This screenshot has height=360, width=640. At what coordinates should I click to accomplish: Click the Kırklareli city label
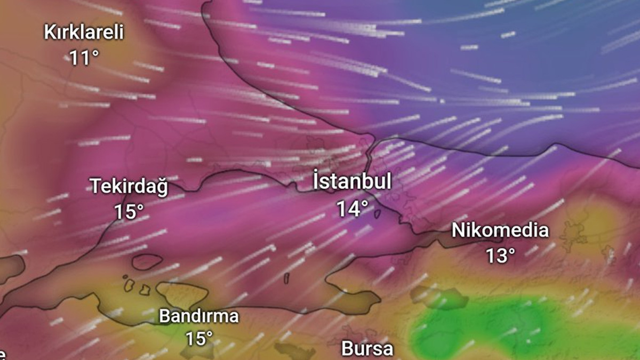[84, 33]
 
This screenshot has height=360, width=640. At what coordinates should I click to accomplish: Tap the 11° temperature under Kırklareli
[84, 58]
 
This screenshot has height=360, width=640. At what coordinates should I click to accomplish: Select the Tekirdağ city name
[129, 187]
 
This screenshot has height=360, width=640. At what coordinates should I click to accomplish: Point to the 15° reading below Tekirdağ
[129, 212]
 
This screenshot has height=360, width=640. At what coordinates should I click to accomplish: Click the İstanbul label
[352, 181]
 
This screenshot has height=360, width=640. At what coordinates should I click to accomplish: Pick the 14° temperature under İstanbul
[352, 208]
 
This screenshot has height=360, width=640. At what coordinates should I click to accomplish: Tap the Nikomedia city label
[500, 230]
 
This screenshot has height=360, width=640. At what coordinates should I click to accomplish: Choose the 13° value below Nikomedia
[500, 255]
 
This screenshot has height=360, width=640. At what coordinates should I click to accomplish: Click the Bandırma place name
[199, 316]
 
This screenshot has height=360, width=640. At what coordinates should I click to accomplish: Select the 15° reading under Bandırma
[199, 339]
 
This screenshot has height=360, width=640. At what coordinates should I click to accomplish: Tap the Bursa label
[367, 349]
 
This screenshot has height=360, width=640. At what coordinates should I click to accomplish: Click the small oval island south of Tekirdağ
[147, 261]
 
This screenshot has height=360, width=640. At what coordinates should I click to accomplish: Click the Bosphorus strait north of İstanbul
[371, 155]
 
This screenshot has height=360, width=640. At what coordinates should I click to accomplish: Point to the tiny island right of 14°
[377, 214]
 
